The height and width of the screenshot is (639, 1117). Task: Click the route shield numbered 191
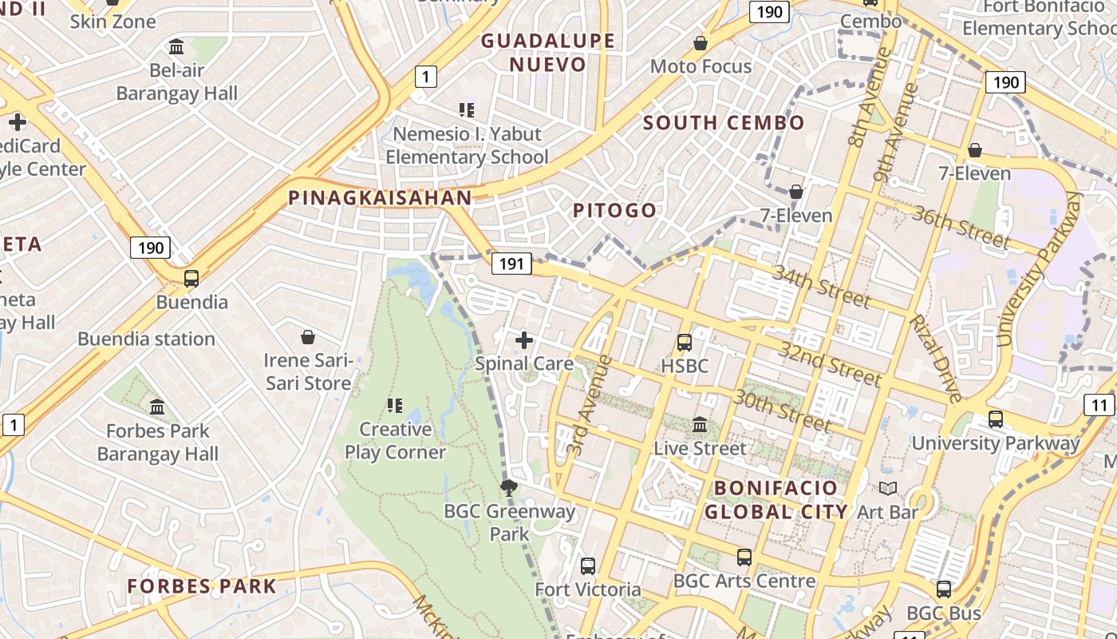(x=511, y=264)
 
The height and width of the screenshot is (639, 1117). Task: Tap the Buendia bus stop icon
(x=191, y=279)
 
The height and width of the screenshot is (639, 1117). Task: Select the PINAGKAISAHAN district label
(x=380, y=197)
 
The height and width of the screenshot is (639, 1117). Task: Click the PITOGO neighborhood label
(x=615, y=211)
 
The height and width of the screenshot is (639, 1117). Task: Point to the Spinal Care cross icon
(x=524, y=340)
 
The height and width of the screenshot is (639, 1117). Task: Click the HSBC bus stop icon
(x=685, y=343)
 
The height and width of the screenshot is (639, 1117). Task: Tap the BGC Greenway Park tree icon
(x=508, y=487)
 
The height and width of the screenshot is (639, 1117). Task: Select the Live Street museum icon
(x=700, y=424)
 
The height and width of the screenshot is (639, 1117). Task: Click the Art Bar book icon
(x=888, y=488)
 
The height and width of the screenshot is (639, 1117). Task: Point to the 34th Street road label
(x=821, y=286)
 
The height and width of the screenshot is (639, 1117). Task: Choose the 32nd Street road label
(x=830, y=364)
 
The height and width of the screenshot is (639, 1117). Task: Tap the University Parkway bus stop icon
(x=995, y=419)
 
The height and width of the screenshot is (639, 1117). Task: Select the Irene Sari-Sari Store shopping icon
(x=307, y=338)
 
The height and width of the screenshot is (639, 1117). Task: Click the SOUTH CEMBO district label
(x=724, y=123)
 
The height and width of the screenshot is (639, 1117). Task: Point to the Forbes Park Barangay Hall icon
(x=157, y=407)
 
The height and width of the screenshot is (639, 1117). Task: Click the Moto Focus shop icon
(x=701, y=43)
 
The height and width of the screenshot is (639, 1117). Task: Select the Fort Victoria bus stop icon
(x=588, y=566)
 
